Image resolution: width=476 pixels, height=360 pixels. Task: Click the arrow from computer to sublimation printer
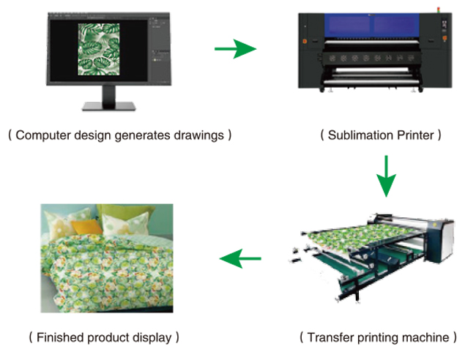236,48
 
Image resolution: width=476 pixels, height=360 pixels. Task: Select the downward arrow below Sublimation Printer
386,176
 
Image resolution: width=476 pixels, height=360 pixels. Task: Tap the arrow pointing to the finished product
240,259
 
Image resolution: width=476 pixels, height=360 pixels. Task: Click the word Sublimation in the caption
360,135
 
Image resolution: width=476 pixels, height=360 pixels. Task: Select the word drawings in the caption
199,135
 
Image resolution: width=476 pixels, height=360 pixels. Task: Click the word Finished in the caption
60,337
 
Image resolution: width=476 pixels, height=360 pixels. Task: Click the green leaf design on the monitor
99,49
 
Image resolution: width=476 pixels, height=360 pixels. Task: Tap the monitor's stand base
108,106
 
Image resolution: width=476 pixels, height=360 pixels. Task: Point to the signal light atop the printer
438,10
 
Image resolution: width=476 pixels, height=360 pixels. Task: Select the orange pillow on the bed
86,227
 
